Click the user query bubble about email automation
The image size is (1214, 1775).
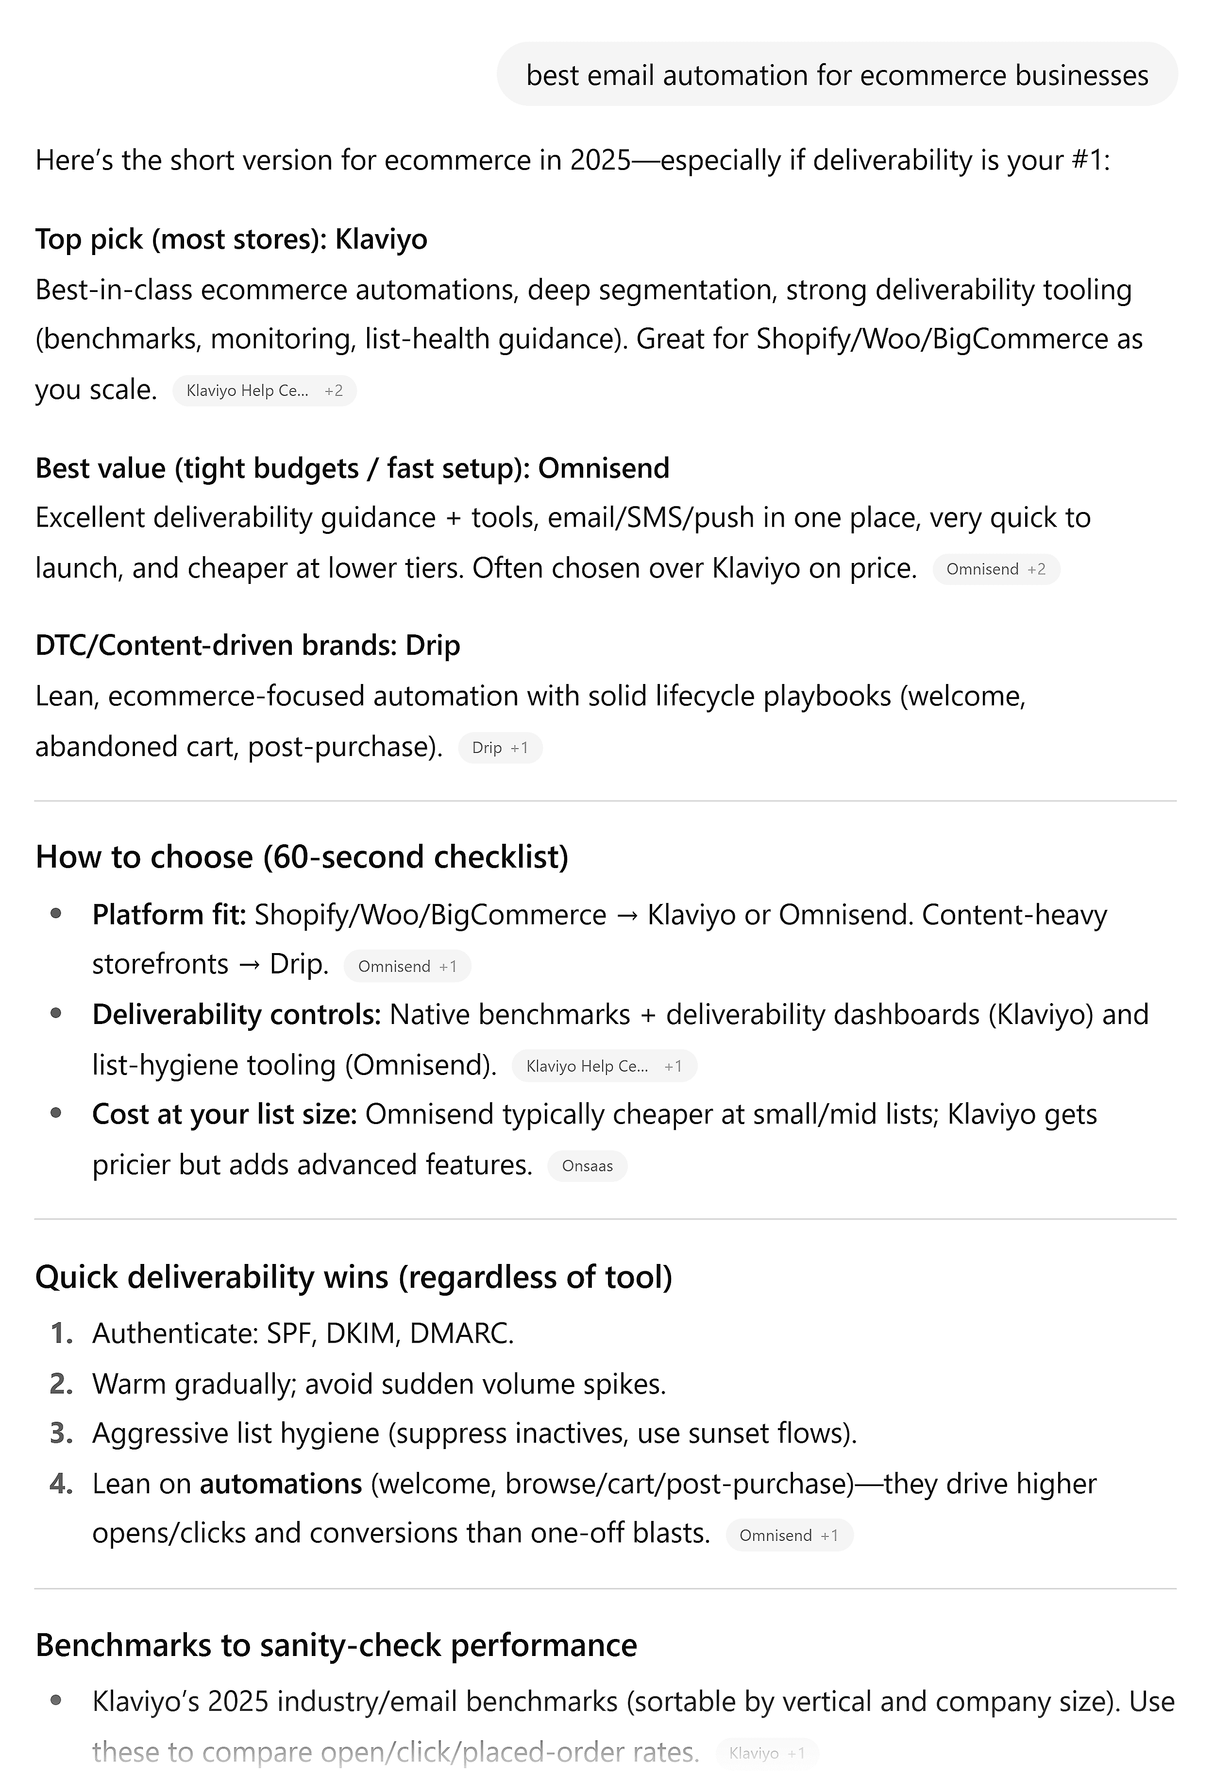tap(837, 75)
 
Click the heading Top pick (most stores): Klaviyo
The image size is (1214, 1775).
tap(231, 239)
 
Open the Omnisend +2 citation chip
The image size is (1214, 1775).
tap(995, 569)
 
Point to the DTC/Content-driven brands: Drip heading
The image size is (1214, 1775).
tap(247, 646)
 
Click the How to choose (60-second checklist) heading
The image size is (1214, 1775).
tap(302, 856)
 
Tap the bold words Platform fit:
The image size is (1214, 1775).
tap(169, 914)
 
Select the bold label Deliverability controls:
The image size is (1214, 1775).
tap(236, 1014)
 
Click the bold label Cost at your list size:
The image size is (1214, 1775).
tap(224, 1114)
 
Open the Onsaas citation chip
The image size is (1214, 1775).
tap(587, 1165)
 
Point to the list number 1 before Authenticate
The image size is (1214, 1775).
tap(61, 1333)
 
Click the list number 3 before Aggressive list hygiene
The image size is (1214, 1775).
tap(61, 1434)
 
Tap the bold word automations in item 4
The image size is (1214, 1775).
tap(280, 1484)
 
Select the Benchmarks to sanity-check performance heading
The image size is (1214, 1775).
tap(336, 1645)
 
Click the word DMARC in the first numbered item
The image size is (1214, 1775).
tap(461, 1333)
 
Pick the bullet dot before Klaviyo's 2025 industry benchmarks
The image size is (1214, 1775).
tap(56, 1700)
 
